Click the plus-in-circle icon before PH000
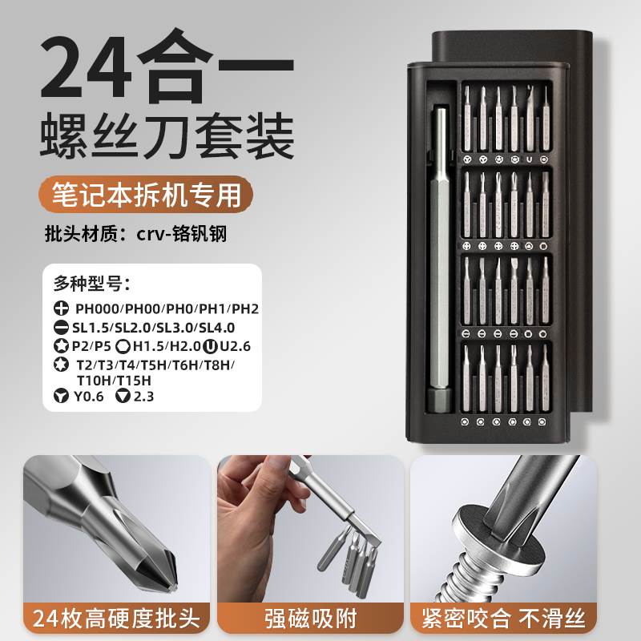[x=61, y=308]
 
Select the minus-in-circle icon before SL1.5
[x=61, y=328]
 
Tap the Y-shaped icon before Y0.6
[x=61, y=395]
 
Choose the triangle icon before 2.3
[x=123, y=395]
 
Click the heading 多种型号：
[x=92, y=283]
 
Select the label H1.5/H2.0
[x=165, y=347]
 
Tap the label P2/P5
[x=91, y=347]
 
